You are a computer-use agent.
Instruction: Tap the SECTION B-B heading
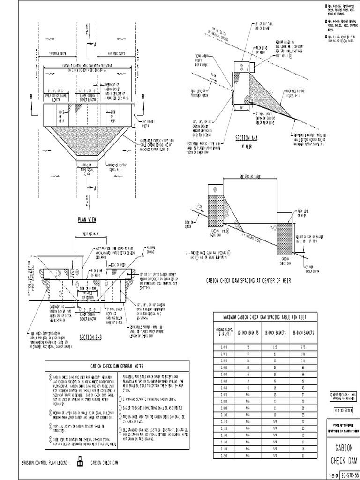(91, 337)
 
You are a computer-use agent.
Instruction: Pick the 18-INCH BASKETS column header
(273, 332)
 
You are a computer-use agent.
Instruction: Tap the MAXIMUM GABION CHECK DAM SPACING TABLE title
(265, 317)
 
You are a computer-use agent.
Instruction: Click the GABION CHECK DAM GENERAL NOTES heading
(118, 366)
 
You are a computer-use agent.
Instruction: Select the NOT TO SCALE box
(344, 410)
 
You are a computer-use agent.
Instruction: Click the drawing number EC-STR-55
(348, 474)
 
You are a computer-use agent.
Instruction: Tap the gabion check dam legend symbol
(80, 463)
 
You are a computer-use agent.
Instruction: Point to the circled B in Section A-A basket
(241, 67)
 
